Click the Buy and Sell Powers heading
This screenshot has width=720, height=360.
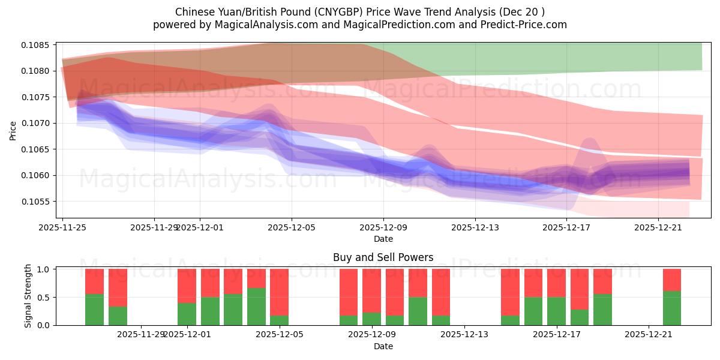383,257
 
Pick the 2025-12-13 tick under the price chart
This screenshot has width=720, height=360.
475,227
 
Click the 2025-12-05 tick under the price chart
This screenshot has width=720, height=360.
292,227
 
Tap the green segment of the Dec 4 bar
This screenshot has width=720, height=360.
256,307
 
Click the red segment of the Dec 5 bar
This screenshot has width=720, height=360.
279,292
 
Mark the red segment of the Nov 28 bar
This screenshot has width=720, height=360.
118,287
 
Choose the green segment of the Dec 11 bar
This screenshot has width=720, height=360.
418,311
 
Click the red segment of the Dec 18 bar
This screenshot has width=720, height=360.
579,289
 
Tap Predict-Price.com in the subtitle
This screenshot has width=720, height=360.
525,25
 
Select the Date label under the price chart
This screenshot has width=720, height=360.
383,239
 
